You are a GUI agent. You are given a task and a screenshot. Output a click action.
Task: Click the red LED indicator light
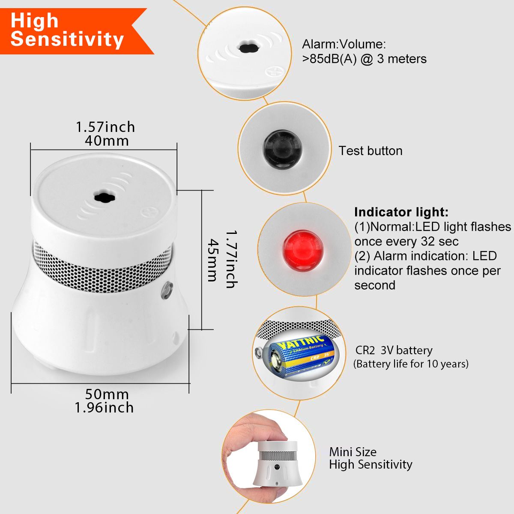tap(303, 251)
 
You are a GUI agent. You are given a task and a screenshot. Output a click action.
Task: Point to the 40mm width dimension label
tap(107, 141)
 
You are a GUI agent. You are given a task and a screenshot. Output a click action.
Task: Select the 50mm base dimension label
tap(107, 394)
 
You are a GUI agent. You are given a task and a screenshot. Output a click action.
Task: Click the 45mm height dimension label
tap(212, 260)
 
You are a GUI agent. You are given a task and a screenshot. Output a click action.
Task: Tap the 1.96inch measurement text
tap(104, 408)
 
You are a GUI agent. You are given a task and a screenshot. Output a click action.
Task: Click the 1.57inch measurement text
tap(105, 127)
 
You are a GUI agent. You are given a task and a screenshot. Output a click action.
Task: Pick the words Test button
tap(371, 151)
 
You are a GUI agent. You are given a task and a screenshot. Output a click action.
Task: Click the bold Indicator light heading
tap(401, 212)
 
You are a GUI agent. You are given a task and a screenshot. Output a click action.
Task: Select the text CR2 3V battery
tap(394, 350)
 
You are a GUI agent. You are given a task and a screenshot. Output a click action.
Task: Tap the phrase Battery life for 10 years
tap(411, 364)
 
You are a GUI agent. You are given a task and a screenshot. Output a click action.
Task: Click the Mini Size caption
tap(353, 452)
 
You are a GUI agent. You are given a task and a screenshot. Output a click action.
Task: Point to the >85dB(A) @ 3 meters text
tap(364, 59)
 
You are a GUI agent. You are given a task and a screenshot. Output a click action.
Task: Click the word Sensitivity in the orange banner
tap(67, 39)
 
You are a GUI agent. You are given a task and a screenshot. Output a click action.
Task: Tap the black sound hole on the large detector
tap(105, 197)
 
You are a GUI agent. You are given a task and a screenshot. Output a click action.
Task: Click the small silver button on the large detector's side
tap(167, 290)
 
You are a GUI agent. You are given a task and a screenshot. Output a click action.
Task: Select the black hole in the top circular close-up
tap(249, 48)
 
